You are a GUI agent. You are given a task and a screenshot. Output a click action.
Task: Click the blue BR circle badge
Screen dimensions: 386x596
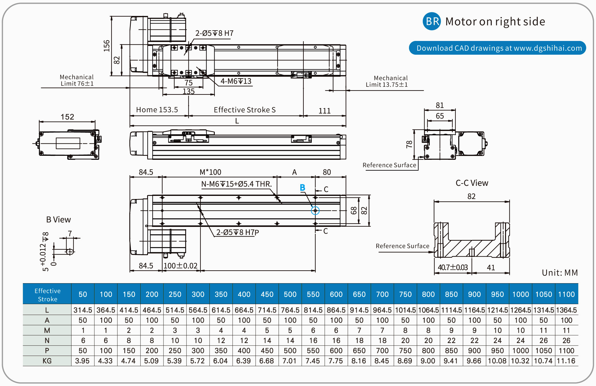(x=432, y=21)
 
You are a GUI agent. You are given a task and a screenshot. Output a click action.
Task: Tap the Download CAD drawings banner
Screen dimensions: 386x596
(x=497, y=48)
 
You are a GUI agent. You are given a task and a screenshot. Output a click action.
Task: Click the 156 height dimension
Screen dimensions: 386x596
(x=107, y=46)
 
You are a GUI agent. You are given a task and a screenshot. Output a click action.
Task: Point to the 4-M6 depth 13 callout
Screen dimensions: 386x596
(x=236, y=81)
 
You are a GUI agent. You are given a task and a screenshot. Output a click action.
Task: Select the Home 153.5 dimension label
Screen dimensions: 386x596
(x=157, y=110)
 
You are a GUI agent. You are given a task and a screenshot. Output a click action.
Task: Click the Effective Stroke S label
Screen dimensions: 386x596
(x=245, y=110)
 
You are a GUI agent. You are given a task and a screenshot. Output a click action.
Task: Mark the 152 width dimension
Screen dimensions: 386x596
(x=67, y=117)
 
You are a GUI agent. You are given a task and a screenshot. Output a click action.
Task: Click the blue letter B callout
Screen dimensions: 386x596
(x=302, y=188)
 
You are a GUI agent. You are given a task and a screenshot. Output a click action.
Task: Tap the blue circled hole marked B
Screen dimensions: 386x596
(x=315, y=210)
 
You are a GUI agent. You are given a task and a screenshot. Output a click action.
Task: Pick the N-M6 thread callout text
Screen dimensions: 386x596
(x=236, y=184)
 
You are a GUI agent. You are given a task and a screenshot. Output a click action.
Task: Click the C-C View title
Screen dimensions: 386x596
(x=472, y=183)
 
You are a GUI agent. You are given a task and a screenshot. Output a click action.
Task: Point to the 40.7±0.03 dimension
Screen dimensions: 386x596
(x=453, y=267)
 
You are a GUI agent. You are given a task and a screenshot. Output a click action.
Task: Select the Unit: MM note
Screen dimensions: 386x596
(x=560, y=273)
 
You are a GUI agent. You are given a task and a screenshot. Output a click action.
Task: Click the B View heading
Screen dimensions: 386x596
(x=59, y=220)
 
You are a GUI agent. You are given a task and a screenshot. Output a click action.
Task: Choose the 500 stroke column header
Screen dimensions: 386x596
(x=290, y=294)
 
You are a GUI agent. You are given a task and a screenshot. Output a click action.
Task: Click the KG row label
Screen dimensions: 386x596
(x=47, y=361)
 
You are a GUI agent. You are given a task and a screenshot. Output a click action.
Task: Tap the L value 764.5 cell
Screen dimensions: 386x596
(x=290, y=310)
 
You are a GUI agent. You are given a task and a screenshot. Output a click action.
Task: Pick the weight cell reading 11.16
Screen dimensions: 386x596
(x=566, y=361)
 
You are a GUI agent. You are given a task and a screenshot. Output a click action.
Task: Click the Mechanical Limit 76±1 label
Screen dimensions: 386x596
(x=77, y=80)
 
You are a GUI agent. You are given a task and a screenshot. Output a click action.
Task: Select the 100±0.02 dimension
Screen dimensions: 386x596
(x=180, y=266)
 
